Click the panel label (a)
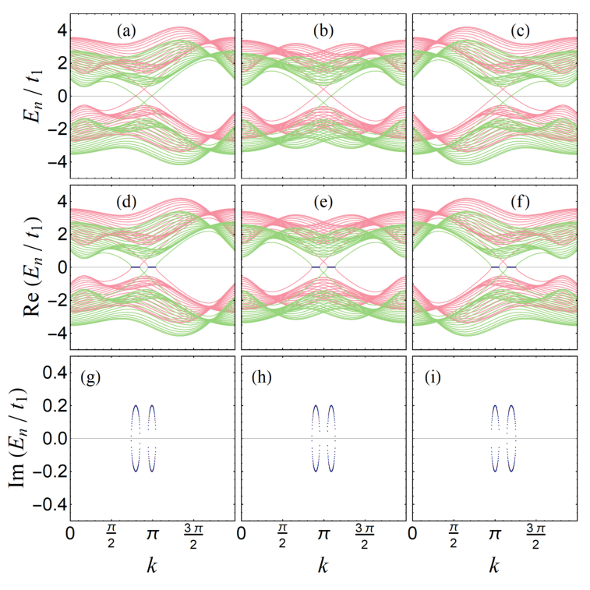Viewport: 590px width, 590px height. coord(126,31)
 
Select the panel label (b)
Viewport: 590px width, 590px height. coord(323,31)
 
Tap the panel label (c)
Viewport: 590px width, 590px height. coord(521,31)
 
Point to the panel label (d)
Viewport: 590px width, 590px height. coord(126,202)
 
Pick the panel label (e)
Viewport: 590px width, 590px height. coord(323,202)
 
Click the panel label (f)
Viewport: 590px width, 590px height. coord(521,202)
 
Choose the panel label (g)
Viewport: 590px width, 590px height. coord(90,378)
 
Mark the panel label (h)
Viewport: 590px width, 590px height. coord(262,378)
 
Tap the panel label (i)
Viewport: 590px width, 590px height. coord(433,378)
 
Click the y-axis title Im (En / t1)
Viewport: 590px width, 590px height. coord(18,438)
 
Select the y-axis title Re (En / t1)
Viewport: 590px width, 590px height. coord(33,267)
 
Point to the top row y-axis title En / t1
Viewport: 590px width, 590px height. coord(33,96)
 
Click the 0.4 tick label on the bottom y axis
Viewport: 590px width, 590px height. coord(55,373)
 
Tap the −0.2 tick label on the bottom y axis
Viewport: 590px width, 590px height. coord(50,471)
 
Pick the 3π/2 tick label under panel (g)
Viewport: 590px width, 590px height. coord(193,537)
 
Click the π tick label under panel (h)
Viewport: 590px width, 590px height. coord(323,534)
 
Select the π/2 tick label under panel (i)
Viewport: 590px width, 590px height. coord(454,537)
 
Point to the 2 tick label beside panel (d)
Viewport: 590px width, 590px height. coord(63,234)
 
